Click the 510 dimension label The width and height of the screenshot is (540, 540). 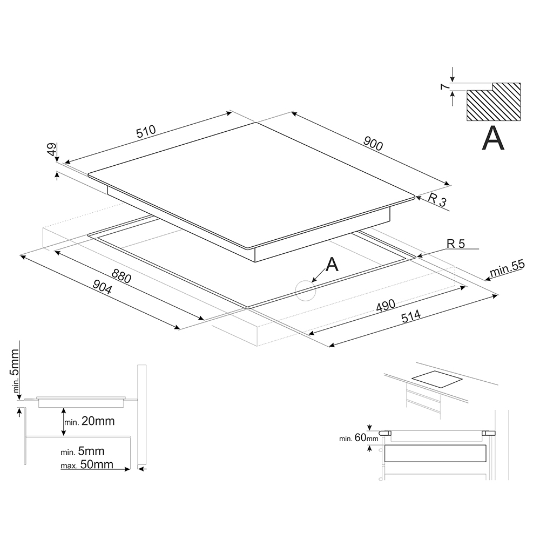click(x=146, y=132)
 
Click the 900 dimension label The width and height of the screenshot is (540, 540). click(x=373, y=143)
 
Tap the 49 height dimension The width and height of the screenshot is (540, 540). click(x=52, y=150)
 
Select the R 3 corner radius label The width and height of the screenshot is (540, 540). click(x=437, y=200)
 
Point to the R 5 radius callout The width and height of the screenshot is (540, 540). click(x=456, y=244)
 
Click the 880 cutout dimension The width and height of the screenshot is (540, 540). click(x=121, y=276)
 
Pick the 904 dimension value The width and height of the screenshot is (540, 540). click(x=102, y=287)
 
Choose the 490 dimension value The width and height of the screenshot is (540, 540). click(x=386, y=306)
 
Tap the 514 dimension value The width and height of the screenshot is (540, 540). click(x=411, y=316)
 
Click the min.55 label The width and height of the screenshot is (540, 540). click(x=507, y=268)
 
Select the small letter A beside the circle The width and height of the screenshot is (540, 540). click(x=332, y=264)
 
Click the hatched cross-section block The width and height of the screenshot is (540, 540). click(x=494, y=102)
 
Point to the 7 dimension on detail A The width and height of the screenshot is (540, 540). click(x=445, y=86)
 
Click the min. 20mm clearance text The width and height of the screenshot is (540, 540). click(x=90, y=421)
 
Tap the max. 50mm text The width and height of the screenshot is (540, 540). click(x=87, y=464)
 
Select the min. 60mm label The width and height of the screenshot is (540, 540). click(x=359, y=438)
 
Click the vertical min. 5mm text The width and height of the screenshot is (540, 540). click(x=15, y=371)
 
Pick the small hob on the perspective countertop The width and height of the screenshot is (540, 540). click(x=437, y=381)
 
